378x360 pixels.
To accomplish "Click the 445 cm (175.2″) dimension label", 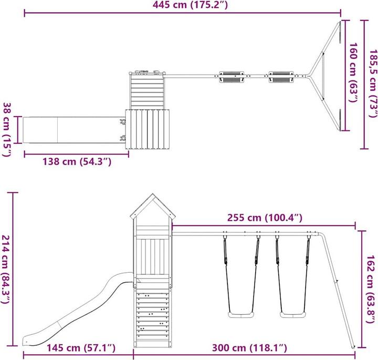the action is pos(190,5).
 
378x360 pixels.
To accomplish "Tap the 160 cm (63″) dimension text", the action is pos(354,73).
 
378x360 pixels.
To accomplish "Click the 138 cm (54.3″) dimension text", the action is pos(77,161).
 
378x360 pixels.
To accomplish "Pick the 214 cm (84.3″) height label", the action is pos(6,269).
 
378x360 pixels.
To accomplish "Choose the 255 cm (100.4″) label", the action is pos(265,218).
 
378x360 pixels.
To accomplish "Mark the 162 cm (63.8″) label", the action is pos(371,289).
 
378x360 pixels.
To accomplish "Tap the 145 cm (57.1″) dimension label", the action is pos(81,348).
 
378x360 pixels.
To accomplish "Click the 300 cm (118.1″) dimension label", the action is pos(249,348).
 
